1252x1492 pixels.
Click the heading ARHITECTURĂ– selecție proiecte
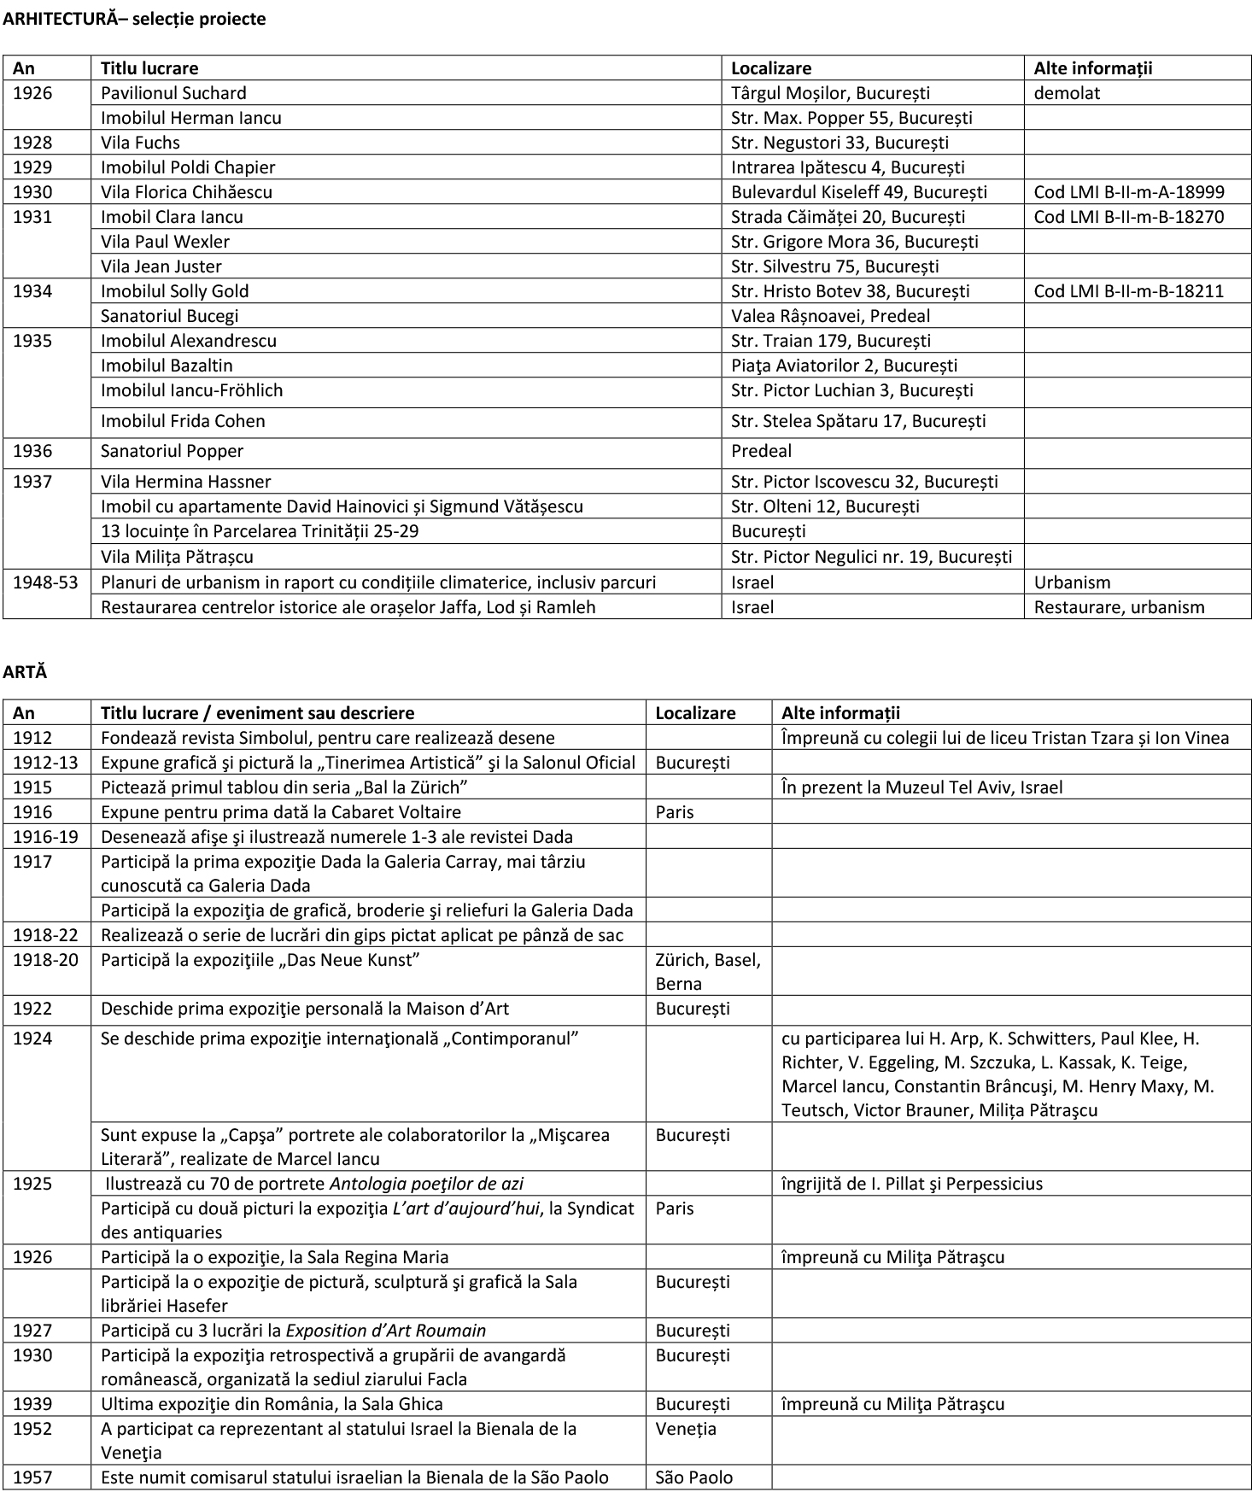click(x=134, y=19)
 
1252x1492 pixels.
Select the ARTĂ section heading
click(x=25, y=672)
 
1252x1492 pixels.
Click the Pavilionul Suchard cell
click(x=173, y=93)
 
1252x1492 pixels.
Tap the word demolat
click(x=1067, y=93)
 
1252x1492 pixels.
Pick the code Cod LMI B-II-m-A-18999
click(x=1128, y=192)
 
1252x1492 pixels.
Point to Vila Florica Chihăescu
click(x=186, y=192)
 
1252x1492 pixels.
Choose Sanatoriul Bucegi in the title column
click(x=169, y=316)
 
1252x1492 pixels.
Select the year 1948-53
click(x=45, y=582)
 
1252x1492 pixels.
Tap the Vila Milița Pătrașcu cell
click(x=177, y=557)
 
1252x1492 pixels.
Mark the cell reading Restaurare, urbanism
click(x=1119, y=607)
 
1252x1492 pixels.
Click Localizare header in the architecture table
click(x=771, y=68)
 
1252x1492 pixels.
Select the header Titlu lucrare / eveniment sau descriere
click(x=257, y=713)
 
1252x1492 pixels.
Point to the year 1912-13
click(x=45, y=763)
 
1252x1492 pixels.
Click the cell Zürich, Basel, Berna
click(x=707, y=971)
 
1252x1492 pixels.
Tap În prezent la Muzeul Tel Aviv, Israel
click(x=921, y=787)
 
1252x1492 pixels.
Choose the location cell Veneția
click(x=686, y=1429)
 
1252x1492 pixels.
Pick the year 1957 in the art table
click(x=32, y=1477)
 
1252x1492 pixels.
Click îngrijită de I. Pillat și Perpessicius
click(x=911, y=1184)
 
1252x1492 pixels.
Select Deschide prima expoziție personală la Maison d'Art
click(x=304, y=1009)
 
